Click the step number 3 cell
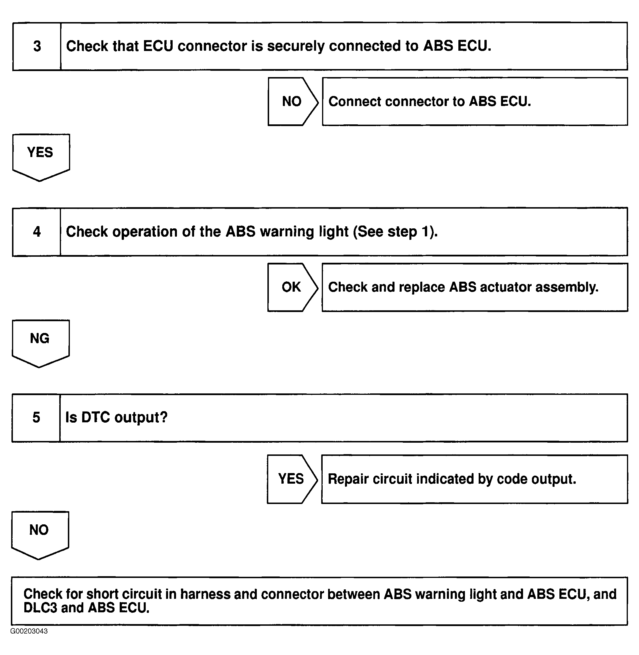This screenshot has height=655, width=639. coord(37,46)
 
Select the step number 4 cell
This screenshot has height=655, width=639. coord(37,232)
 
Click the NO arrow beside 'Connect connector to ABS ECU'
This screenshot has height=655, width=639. coord(293,101)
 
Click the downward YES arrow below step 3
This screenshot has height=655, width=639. coord(41,158)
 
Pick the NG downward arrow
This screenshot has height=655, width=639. coord(41,344)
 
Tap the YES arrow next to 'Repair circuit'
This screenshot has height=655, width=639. coord(292,479)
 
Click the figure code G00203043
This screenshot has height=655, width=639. coord(29,631)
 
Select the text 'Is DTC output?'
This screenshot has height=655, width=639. coord(116,417)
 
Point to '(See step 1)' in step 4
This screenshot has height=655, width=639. coord(395,232)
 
